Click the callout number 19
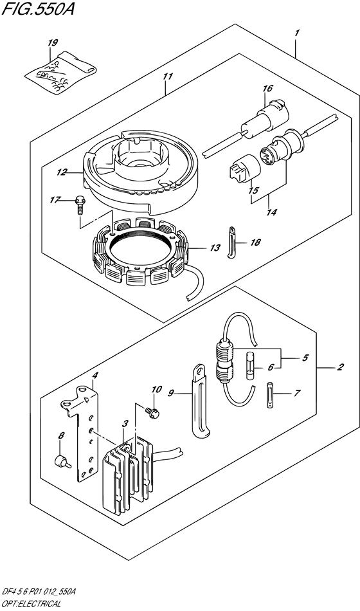[52, 43]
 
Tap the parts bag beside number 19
[60, 73]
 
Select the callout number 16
[267, 89]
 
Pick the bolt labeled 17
[80, 205]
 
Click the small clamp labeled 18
[232, 242]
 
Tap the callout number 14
[271, 212]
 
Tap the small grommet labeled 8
[62, 462]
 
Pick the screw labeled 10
[151, 412]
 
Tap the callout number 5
[305, 358]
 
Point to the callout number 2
[340, 367]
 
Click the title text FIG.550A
[38, 8]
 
